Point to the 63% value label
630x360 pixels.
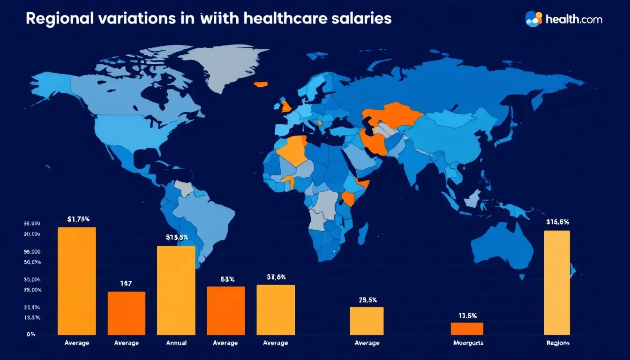(x=227, y=279)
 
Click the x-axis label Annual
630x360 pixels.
(x=176, y=343)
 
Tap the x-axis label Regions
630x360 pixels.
(x=558, y=343)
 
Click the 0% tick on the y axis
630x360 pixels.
(x=31, y=335)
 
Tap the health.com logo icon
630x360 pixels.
(x=534, y=18)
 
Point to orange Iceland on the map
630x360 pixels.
(x=261, y=84)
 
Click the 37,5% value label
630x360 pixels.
(x=276, y=277)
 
